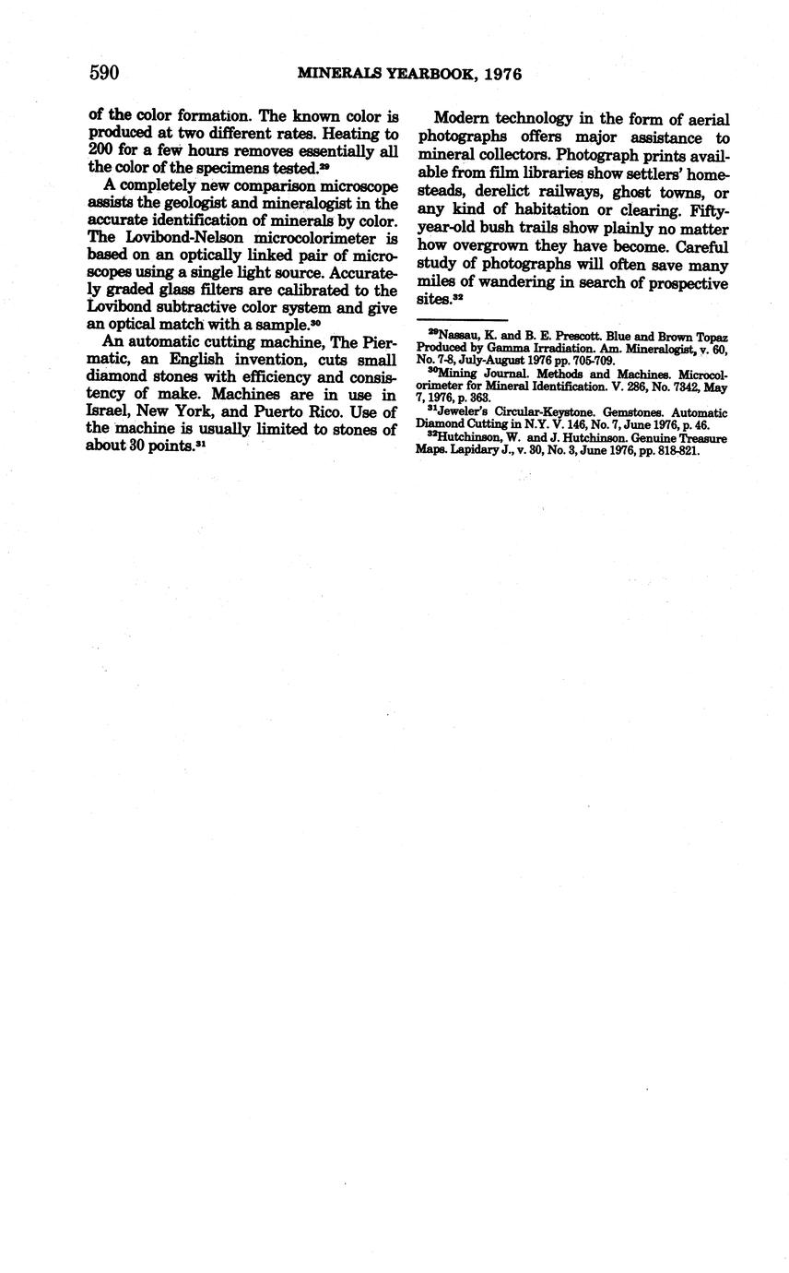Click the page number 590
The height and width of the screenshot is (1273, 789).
(104, 73)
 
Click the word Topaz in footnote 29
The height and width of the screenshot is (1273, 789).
(711, 338)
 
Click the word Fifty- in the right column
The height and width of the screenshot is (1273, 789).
(708, 210)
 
